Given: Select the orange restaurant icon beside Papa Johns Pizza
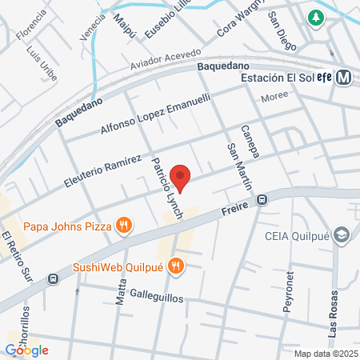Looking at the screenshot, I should click(122, 225).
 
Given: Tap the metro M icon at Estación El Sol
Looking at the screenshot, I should click(346, 78).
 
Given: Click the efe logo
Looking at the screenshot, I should click(323, 78).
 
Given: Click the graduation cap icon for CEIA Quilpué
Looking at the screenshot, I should click(342, 236).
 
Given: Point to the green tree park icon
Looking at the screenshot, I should click(318, 17).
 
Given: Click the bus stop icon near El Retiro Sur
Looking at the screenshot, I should click(53, 278).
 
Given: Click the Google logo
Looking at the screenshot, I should click(26, 350).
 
